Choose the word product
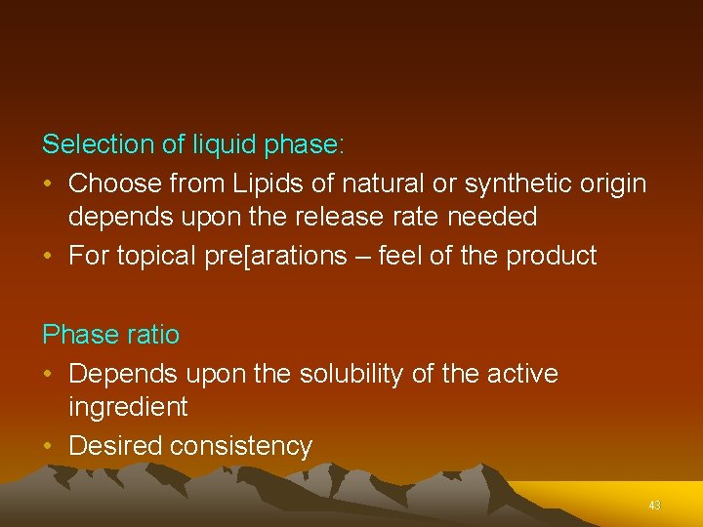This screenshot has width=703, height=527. tap(551, 256)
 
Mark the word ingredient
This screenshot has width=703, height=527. tap(128, 407)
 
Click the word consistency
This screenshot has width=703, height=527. tap(241, 447)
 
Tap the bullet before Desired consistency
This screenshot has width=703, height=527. tap(49, 447)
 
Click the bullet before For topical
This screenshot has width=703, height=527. tap(49, 256)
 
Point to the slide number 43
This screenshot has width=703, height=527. tap(654, 506)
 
